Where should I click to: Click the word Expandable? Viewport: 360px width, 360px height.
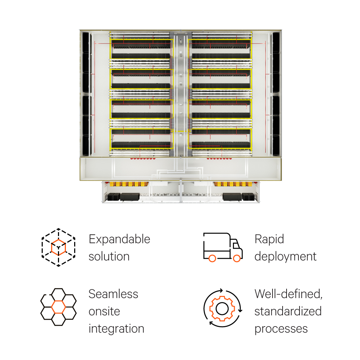coord(119,239)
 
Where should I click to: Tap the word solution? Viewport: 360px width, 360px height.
coord(109,257)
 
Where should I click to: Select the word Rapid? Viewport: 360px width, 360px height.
coord(269,239)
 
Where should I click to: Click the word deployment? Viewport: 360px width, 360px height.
coord(285,257)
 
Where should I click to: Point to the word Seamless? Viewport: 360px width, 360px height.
coord(113,294)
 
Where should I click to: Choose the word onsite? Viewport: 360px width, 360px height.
coord(104,311)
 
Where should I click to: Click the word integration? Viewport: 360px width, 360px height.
coord(116,329)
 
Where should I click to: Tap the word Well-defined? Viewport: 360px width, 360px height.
coord(288,294)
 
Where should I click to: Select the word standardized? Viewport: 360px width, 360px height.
coord(288,311)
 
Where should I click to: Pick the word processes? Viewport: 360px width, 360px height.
coord(281,329)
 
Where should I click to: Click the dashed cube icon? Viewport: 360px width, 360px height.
coord(58,247)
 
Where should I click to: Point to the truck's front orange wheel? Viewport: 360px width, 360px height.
coord(237,258)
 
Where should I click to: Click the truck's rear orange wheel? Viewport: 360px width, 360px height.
coord(212,258)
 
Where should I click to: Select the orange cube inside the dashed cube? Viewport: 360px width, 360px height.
coord(58,248)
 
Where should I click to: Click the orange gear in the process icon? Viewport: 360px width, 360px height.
coord(222,308)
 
